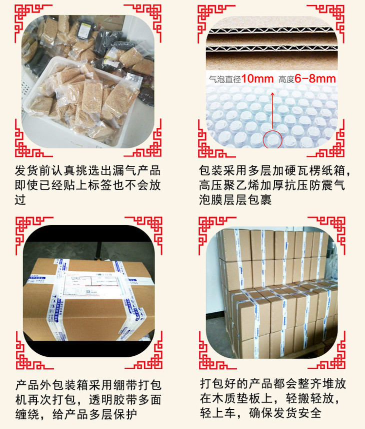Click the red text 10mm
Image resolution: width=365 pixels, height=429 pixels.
point(257,79)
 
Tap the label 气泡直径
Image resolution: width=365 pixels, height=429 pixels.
point(225,79)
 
